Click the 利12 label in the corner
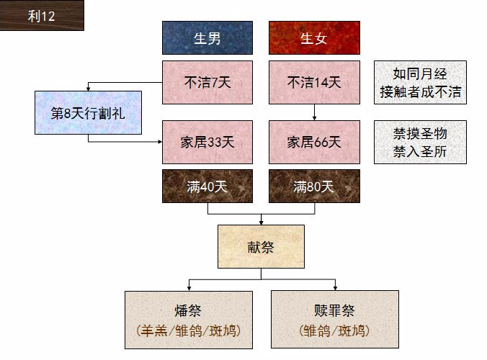(41, 16)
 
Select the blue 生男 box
(207, 38)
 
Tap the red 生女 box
(314, 38)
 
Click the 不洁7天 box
(207, 82)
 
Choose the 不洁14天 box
(314, 82)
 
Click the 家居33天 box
(207, 142)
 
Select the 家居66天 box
(314, 142)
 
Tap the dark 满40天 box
(207, 186)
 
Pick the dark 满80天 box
(314, 186)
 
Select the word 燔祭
(188, 311)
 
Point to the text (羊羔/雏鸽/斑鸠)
(188, 332)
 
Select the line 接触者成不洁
(420, 92)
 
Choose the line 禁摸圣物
(420, 134)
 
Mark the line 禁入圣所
(420, 151)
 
